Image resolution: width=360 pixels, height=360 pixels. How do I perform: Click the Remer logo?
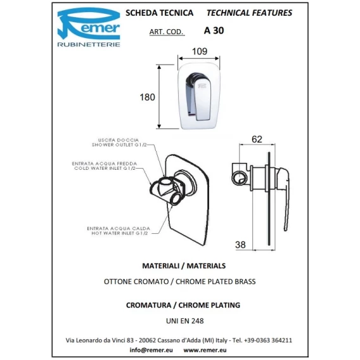tap(89, 27)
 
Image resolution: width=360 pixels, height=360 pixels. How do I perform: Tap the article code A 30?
tap(214, 30)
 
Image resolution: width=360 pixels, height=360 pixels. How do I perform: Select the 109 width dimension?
tap(200, 51)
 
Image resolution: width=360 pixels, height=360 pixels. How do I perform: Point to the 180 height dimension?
tap(148, 97)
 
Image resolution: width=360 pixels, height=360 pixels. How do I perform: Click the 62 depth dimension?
tap(257, 139)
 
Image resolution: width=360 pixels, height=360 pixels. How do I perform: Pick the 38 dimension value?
tap(240, 245)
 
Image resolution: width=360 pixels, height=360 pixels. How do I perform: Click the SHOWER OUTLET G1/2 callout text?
tap(119, 145)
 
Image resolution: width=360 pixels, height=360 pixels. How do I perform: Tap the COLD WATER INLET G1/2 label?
tap(105, 169)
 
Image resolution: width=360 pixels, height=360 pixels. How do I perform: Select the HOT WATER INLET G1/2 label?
tap(120, 233)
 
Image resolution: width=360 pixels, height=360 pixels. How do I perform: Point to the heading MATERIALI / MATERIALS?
tap(184, 266)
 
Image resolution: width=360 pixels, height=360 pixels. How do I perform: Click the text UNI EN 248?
tap(185, 321)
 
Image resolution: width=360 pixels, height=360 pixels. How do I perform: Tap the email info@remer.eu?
tap(151, 350)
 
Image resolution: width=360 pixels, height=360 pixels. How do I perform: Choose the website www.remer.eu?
tap(205, 350)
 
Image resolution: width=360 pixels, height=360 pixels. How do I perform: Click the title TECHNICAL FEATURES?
tap(249, 13)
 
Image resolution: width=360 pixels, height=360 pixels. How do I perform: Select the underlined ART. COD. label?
tap(167, 32)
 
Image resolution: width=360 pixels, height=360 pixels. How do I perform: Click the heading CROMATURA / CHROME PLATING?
tap(183, 305)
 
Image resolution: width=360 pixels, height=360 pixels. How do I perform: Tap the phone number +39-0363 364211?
tap(268, 340)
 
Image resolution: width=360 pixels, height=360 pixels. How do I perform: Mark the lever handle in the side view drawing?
tap(285, 198)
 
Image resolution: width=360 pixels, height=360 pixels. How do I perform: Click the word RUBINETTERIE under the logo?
tap(89, 44)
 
